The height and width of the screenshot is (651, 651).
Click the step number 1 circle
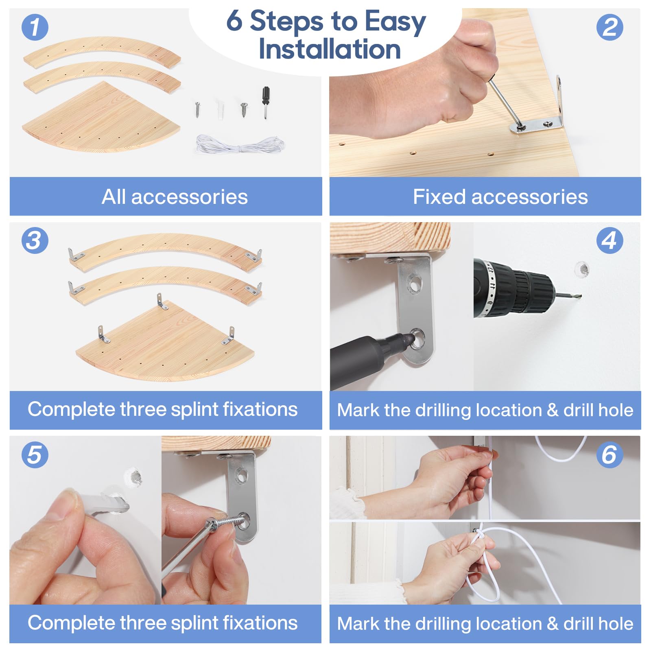(35, 27)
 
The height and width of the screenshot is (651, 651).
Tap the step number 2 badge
(609, 27)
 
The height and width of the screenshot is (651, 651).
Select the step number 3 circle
(35, 240)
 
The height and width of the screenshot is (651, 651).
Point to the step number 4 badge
(609, 240)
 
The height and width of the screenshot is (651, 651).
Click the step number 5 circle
(35, 454)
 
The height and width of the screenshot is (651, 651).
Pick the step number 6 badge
(609, 454)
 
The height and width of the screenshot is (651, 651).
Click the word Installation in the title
(330, 49)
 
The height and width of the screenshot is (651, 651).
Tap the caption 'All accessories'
(175, 197)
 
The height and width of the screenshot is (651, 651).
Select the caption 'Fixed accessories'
(500, 197)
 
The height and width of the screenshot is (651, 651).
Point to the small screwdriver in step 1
(266, 103)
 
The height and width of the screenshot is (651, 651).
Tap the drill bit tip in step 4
(579, 296)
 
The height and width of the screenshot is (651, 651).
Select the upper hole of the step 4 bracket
(415, 283)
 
